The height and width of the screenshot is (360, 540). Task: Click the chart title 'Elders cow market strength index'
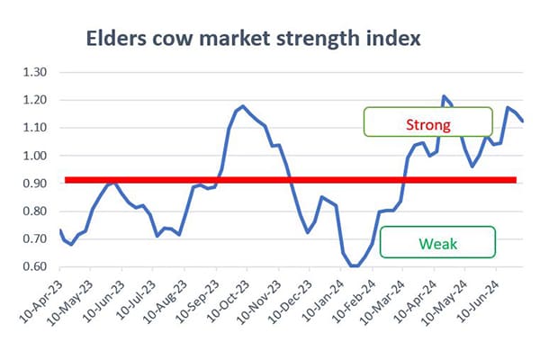click(253, 38)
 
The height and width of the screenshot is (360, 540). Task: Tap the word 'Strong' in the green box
click(428, 125)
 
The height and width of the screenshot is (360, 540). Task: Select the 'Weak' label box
click(437, 242)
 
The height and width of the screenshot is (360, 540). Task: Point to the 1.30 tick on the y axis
click(35, 72)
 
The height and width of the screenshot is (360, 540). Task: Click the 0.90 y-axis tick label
click(35, 184)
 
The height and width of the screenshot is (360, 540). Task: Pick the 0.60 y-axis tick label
click(35, 266)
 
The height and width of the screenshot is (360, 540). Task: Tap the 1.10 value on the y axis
click(35, 128)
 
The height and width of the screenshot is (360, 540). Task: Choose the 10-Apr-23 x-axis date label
click(41, 301)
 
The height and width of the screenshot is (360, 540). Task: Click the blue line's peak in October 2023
click(243, 106)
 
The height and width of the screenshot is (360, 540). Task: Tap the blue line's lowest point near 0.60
click(355, 266)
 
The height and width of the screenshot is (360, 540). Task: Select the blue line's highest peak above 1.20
click(444, 96)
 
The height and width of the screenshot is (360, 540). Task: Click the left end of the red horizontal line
click(65, 180)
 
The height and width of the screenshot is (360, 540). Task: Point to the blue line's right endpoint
click(523, 121)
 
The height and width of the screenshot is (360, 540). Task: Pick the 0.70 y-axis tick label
click(35, 238)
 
